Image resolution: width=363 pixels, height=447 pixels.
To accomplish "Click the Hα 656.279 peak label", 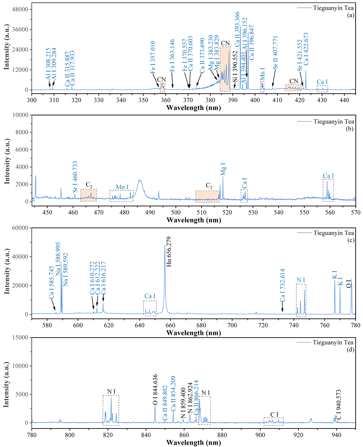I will click(169, 252).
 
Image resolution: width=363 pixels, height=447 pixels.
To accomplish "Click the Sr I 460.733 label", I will click(75, 177).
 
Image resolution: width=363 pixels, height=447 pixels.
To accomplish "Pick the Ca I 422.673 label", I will click(306, 49).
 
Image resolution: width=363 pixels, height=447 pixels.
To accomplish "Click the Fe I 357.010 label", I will click(153, 57).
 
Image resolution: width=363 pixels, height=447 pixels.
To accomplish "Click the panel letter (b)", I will click(350, 129).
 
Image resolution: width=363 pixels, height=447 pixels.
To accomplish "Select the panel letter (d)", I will click(350, 350).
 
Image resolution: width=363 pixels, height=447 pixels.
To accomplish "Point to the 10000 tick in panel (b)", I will click(21, 115).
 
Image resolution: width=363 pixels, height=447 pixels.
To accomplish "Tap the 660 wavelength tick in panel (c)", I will click(171, 325).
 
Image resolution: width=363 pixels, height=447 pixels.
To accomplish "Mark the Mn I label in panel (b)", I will click(122, 187).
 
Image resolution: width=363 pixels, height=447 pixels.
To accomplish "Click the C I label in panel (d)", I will click(274, 415).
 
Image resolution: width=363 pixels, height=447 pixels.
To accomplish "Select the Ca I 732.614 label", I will click(282, 285).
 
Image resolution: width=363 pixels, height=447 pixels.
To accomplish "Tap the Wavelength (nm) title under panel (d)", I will click(193, 443).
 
